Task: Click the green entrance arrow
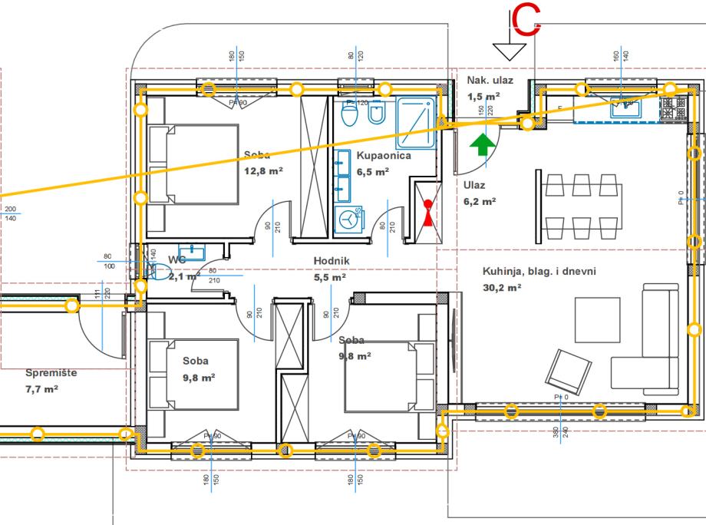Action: [x=481, y=145]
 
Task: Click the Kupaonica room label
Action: [x=384, y=155]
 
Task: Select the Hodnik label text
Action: [x=332, y=260]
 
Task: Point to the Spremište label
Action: [x=51, y=373]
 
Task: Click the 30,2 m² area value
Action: [x=502, y=288]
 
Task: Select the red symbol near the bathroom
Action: [x=427, y=211]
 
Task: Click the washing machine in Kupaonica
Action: [x=350, y=218]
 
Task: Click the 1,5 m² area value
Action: [x=483, y=97]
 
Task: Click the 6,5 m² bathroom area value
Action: [x=372, y=172]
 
